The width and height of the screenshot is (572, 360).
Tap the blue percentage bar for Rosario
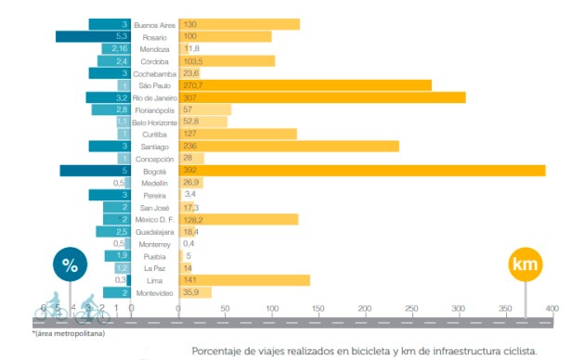coord(93,36)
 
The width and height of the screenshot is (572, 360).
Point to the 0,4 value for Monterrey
coord(188,244)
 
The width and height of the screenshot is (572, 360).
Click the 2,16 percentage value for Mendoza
coord(119,48)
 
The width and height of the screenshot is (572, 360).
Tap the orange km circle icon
coord(525,264)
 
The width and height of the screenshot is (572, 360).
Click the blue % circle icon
coord(70,264)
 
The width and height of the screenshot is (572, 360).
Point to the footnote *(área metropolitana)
coord(68,331)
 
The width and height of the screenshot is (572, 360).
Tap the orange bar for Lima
coord(246,280)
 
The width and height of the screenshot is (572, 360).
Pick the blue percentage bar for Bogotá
coord(93,171)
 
